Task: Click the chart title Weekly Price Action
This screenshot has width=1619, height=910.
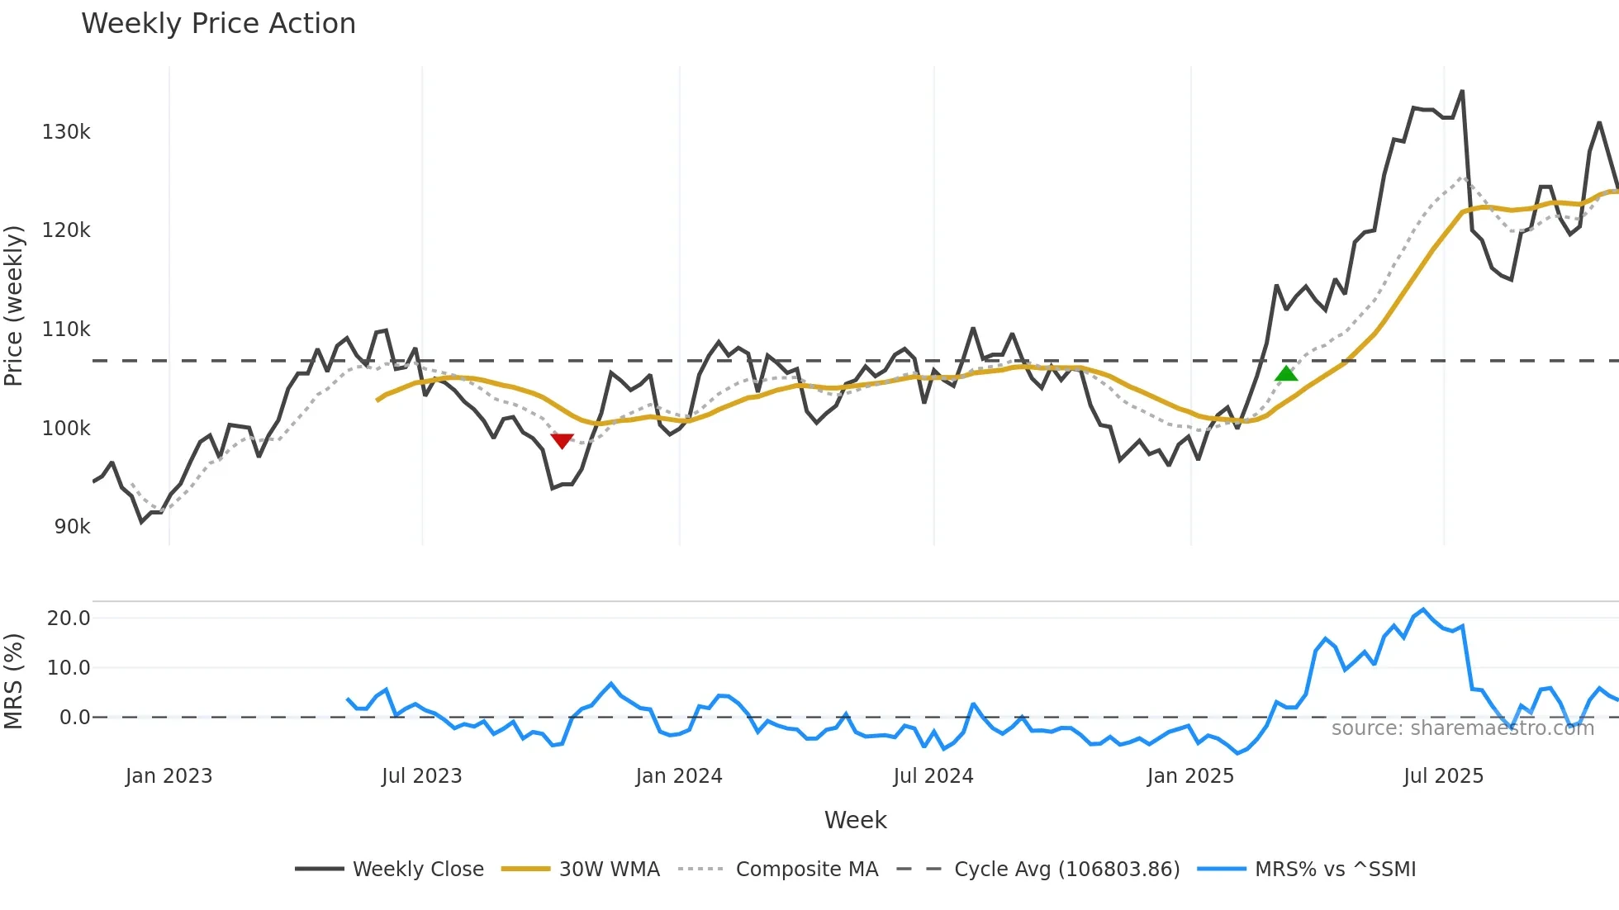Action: pyautogui.click(x=218, y=24)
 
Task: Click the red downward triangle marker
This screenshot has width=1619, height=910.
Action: pyautogui.click(x=562, y=441)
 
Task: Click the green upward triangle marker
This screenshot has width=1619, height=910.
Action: pyautogui.click(x=1286, y=374)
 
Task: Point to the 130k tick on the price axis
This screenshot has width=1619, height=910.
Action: pyautogui.click(x=66, y=132)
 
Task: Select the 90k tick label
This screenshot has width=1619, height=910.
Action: pyautogui.click(x=72, y=527)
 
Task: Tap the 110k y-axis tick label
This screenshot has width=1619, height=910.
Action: pyautogui.click(x=66, y=329)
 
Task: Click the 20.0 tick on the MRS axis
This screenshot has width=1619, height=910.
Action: pyautogui.click(x=69, y=619)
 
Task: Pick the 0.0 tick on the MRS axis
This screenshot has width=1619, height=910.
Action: pyautogui.click(x=74, y=718)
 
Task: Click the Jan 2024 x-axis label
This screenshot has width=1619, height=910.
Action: pyautogui.click(x=679, y=776)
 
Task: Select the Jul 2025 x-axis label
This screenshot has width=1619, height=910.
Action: pyautogui.click(x=1443, y=776)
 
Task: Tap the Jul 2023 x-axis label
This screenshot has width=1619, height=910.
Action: pyautogui.click(x=421, y=776)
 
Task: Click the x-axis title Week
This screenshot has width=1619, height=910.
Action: pyautogui.click(x=855, y=820)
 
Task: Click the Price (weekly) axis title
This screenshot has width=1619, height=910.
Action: pyautogui.click(x=14, y=306)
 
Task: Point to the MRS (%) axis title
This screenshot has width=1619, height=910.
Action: pyautogui.click(x=14, y=681)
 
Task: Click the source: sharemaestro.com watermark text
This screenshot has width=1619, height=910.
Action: pyautogui.click(x=1462, y=728)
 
